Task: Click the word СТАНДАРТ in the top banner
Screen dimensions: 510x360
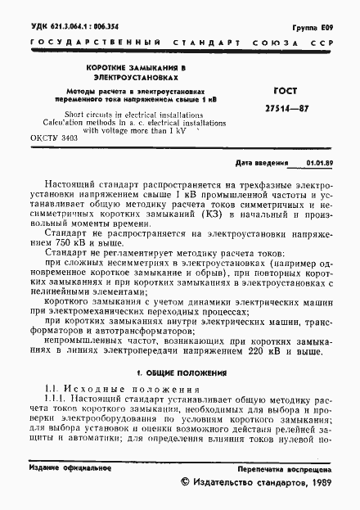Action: (x=182, y=42)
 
